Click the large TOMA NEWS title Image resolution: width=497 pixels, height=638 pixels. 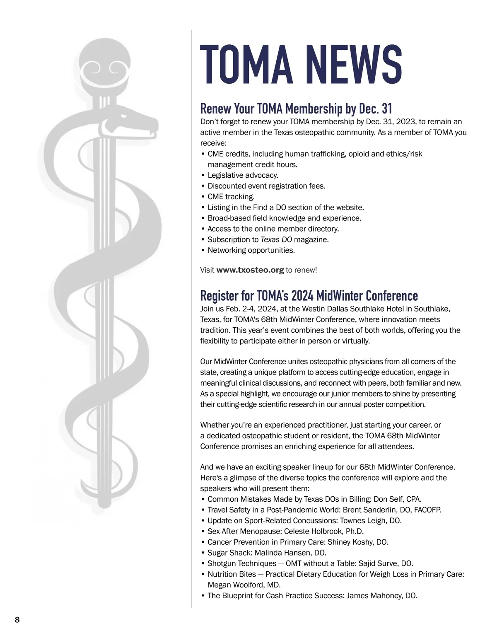pyautogui.click(x=301, y=64)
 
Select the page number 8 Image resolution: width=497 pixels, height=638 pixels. pyautogui.click(x=17, y=620)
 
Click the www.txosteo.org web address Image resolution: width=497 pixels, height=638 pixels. pyautogui.click(x=250, y=270)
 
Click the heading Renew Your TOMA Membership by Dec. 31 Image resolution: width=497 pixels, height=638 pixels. pyautogui.click(x=296, y=109)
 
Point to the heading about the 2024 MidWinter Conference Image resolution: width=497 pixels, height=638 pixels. pyautogui.click(x=309, y=296)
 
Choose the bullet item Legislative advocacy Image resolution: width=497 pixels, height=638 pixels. pyautogui.click(x=243, y=175)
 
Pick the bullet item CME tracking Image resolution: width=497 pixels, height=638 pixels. pyautogui.click(x=231, y=197)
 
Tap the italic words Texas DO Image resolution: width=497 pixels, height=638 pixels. pyautogui.click(x=276, y=239)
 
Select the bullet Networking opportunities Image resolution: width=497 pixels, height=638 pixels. pyautogui.click(x=251, y=250)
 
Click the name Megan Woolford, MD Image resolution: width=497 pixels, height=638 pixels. pyautogui.click(x=244, y=585)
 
